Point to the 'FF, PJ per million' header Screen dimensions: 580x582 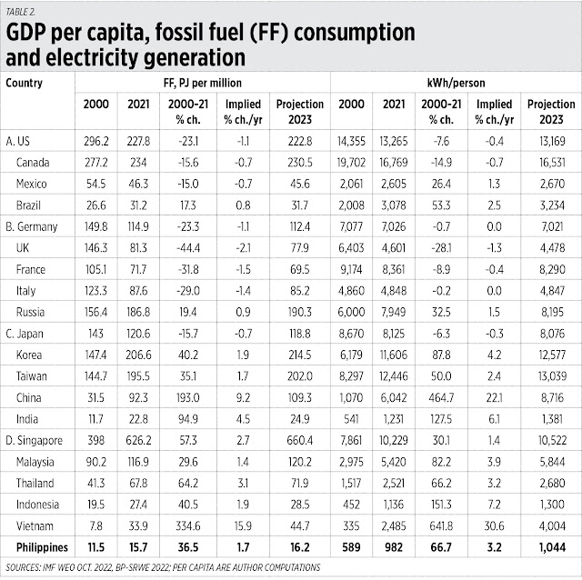coord(202,82)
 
